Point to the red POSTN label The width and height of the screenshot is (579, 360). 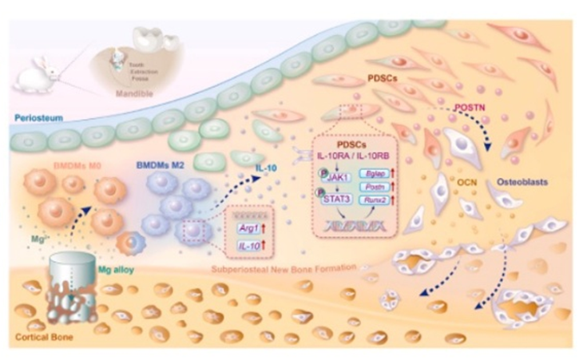pos(472,105)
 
